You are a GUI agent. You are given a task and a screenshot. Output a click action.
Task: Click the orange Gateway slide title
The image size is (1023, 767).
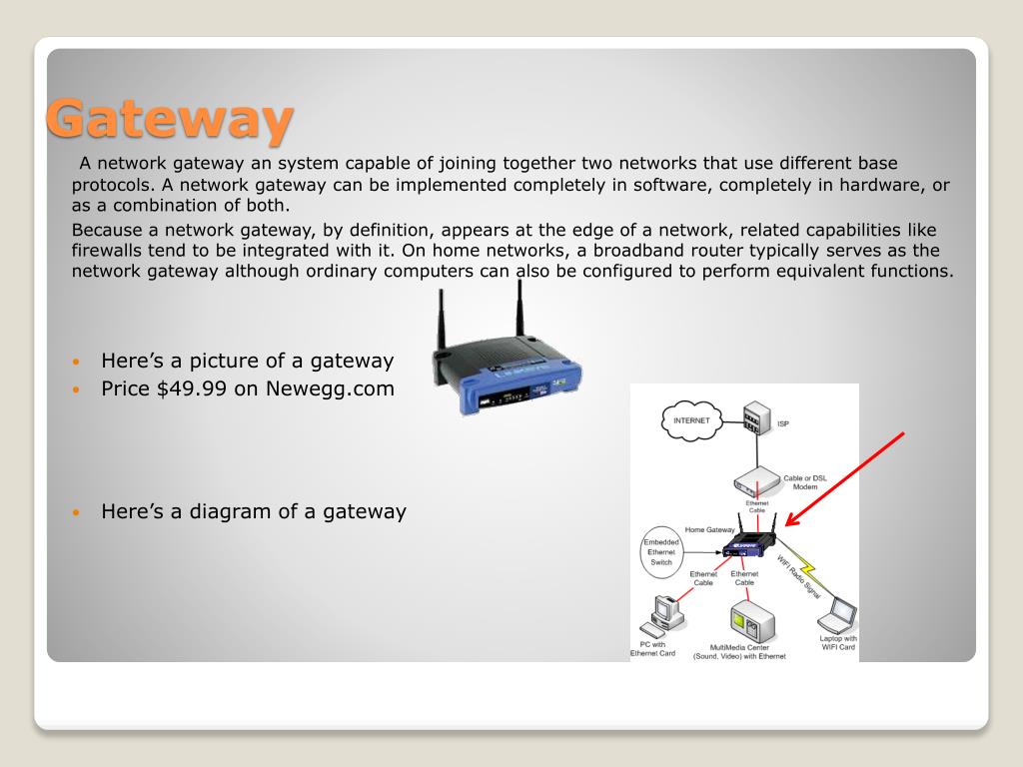click(x=170, y=120)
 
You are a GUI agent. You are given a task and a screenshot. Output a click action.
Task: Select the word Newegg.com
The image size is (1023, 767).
click(x=330, y=388)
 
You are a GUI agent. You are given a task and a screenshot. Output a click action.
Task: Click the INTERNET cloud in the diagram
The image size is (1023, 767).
click(x=692, y=420)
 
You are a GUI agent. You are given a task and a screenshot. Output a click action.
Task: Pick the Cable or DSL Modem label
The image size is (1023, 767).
click(x=804, y=483)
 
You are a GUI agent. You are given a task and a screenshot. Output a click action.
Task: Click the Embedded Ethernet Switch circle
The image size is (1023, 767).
click(x=661, y=552)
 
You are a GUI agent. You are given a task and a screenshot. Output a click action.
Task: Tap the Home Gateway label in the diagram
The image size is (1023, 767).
click(x=709, y=529)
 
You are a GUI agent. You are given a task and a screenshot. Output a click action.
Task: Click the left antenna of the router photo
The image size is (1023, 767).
click(x=441, y=320)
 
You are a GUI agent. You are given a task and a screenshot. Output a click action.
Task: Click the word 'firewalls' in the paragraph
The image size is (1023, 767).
click(x=112, y=251)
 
